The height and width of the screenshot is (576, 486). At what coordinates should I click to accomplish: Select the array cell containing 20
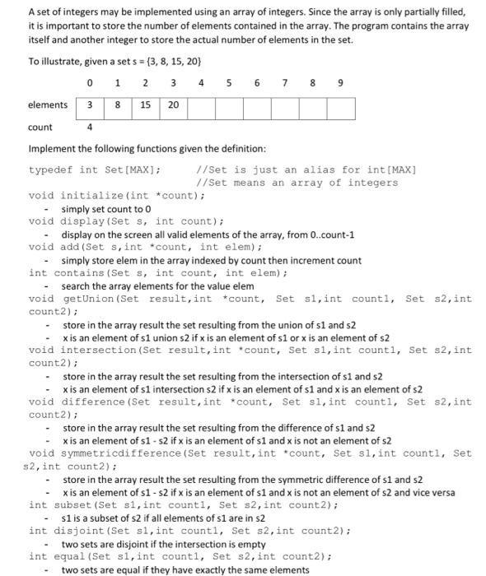(x=172, y=105)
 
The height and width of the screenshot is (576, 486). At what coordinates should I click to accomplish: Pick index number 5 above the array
(x=228, y=83)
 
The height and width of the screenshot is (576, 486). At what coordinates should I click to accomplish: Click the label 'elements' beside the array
(x=48, y=105)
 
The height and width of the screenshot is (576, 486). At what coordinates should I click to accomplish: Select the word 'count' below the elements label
(x=40, y=128)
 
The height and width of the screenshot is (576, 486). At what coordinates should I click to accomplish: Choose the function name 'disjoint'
(x=72, y=531)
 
